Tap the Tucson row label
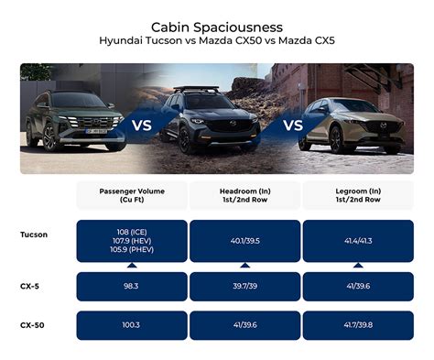pyautogui.click(x=34, y=235)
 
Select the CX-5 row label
pyautogui.click(x=31, y=286)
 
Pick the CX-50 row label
pyautogui.click(x=33, y=325)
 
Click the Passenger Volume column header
pyautogui.click(x=131, y=195)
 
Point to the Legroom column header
pyautogui.click(x=356, y=195)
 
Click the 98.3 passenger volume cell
pyautogui.click(x=131, y=286)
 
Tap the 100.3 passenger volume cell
pyautogui.click(x=131, y=325)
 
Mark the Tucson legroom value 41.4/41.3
pyautogui.click(x=356, y=240)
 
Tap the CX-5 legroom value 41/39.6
pyautogui.click(x=356, y=286)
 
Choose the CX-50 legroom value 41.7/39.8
pyautogui.click(x=356, y=325)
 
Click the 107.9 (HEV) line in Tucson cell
pyautogui.click(x=131, y=240)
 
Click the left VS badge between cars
pyautogui.click(x=143, y=125)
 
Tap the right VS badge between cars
pyautogui.click(x=293, y=124)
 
